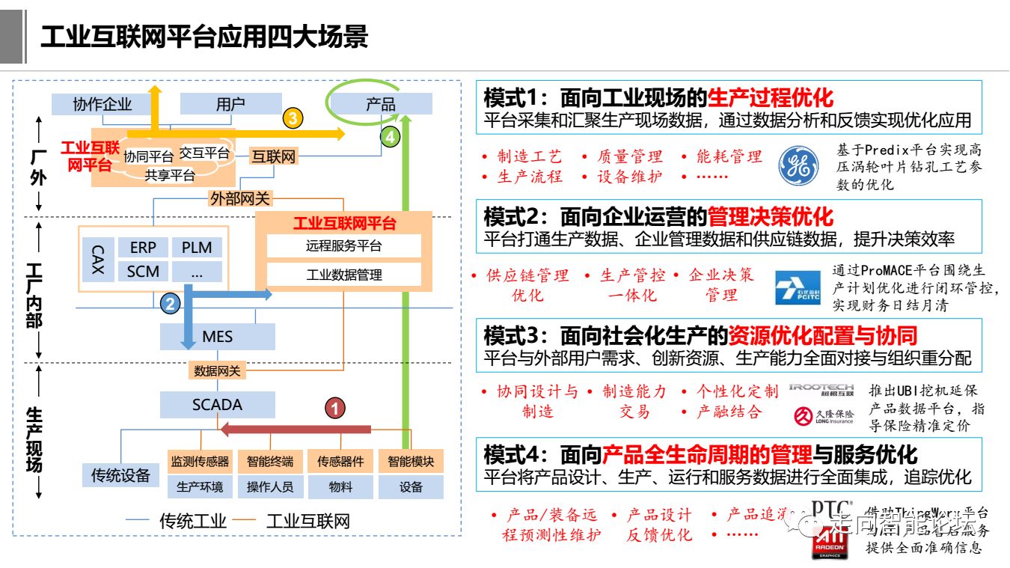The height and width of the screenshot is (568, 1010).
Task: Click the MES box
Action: tap(218, 337)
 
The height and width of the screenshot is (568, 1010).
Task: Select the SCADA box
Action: tap(217, 405)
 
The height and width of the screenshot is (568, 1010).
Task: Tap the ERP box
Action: tap(143, 248)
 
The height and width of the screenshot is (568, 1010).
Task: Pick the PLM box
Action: tap(197, 248)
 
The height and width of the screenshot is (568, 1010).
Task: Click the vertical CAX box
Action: tap(98, 259)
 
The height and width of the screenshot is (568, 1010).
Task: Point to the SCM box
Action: tap(143, 271)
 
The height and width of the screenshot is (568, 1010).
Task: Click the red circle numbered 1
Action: tap(336, 408)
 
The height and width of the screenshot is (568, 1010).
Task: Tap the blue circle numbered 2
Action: tap(171, 303)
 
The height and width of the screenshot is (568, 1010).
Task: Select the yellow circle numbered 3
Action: tap(293, 117)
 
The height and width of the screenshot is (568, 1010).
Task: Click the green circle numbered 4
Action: tap(390, 137)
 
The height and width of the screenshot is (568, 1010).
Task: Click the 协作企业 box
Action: tap(102, 104)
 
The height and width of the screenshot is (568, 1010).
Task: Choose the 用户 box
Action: tap(230, 104)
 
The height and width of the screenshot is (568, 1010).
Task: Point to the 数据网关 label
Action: tap(217, 370)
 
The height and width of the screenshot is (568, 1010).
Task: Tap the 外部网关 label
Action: tap(241, 198)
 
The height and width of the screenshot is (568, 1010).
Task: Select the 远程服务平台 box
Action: tap(343, 246)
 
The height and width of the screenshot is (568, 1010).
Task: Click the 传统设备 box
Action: tap(120, 475)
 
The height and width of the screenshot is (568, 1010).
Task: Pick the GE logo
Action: tap(799, 165)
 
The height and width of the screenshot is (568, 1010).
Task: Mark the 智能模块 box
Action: tap(411, 462)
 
